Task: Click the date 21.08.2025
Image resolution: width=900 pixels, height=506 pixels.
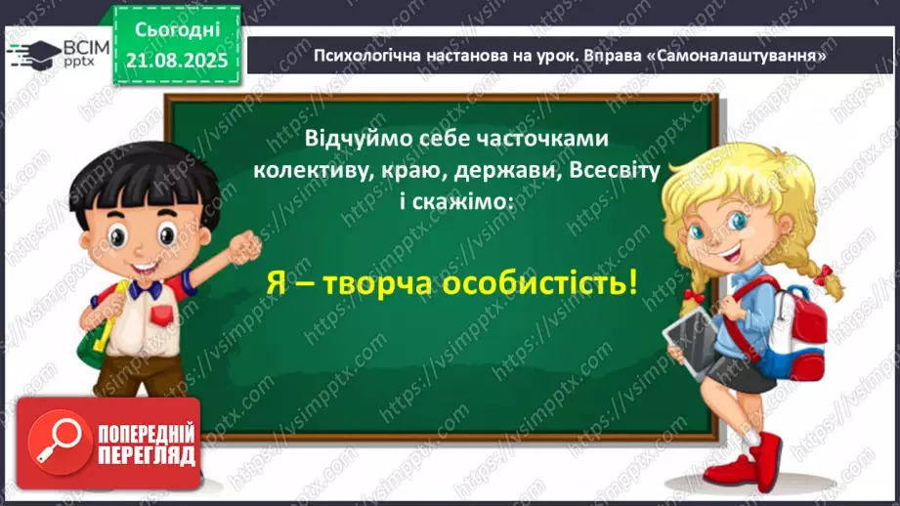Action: point(177,61)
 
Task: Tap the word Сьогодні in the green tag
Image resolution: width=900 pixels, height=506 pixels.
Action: point(177,30)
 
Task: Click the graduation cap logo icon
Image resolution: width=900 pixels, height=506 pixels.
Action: point(34,54)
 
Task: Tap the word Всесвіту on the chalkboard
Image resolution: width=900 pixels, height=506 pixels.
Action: point(615,170)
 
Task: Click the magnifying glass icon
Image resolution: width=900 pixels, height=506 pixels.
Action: point(59,441)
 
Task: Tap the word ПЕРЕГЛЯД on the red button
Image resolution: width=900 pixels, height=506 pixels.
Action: point(147,455)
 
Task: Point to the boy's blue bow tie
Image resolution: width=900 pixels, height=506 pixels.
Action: point(145,288)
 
